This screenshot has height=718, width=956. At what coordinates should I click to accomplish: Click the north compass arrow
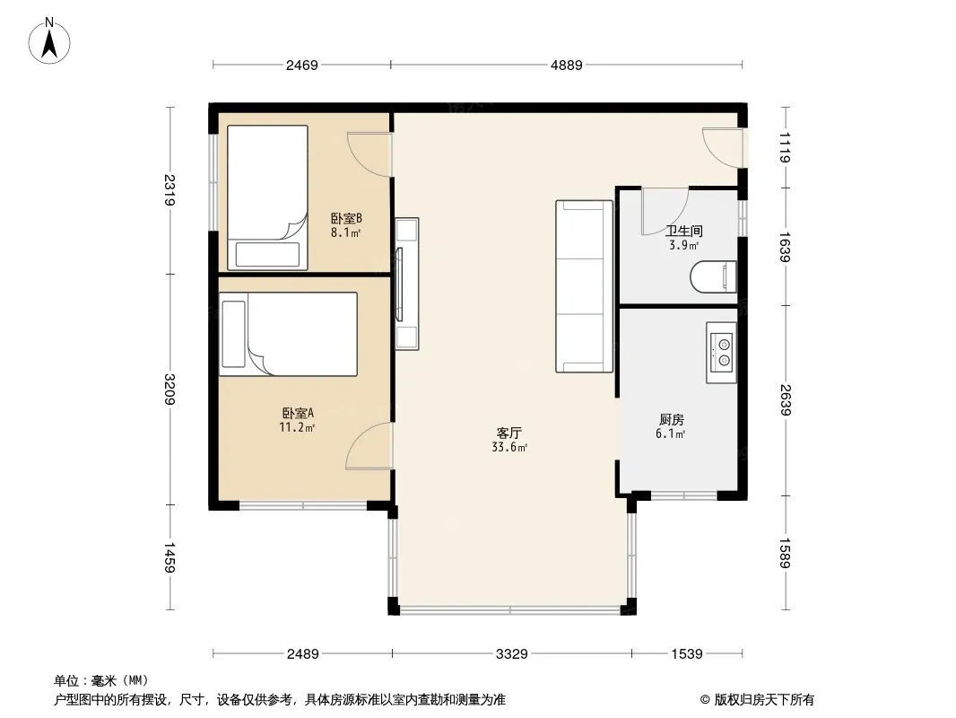point(49,43)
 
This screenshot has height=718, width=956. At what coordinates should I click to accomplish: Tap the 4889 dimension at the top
point(567,65)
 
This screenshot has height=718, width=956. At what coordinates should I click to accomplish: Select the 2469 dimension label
point(302,65)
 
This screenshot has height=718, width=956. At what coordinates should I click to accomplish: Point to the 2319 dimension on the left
point(169,189)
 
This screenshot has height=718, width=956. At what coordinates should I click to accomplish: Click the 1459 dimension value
point(169,557)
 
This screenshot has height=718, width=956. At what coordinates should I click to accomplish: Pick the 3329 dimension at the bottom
point(511,654)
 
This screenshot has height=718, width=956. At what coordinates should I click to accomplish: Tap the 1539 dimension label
point(687,654)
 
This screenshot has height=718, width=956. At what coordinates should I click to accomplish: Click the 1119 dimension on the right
point(785,147)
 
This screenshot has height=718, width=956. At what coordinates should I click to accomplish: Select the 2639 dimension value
point(785,400)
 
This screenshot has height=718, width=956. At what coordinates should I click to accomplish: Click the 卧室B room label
point(346,218)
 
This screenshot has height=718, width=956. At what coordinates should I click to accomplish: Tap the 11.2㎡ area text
point(297,427)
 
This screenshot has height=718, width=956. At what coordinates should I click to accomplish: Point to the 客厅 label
point(509,433)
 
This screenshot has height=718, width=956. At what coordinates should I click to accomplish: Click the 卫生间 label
point(684,232)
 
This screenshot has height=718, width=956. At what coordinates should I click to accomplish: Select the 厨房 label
point(672,420)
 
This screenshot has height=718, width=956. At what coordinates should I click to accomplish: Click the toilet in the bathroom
point(713,277)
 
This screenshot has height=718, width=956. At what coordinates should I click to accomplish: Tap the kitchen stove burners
point(722,352)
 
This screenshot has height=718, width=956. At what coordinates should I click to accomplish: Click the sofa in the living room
point(584,286)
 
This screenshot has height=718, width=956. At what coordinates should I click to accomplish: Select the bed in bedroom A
point(289,334)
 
